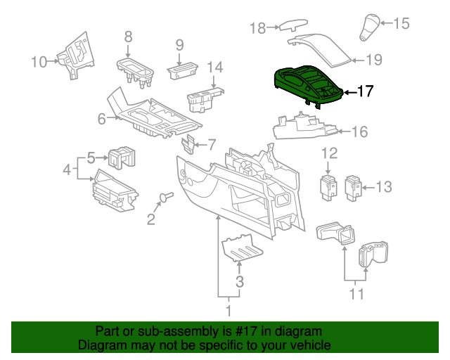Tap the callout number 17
(x=366, y=91)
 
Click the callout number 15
(x=401, y=23)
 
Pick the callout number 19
(x=374, y=60)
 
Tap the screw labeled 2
(x=167, y=197)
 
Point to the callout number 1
(x=228, y=309)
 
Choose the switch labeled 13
(x=355, y=186)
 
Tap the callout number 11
(x=357, y=293)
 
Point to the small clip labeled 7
(x=188, y=144)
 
